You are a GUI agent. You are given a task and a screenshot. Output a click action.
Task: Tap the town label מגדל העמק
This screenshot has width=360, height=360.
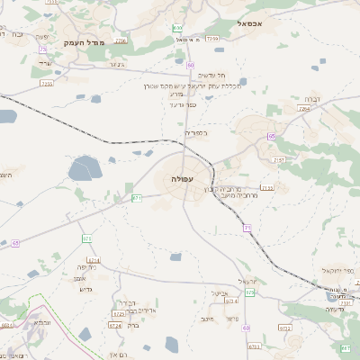coord(85,42)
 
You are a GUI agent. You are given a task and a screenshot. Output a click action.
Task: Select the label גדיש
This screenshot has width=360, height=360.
coord(86,290)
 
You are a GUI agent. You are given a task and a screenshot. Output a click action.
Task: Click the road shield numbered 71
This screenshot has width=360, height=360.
coord(245,229)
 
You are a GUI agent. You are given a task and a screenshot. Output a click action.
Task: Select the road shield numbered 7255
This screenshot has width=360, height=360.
coord(47,84)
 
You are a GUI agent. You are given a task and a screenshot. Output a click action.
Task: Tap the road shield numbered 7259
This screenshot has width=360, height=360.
coord(211,40)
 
